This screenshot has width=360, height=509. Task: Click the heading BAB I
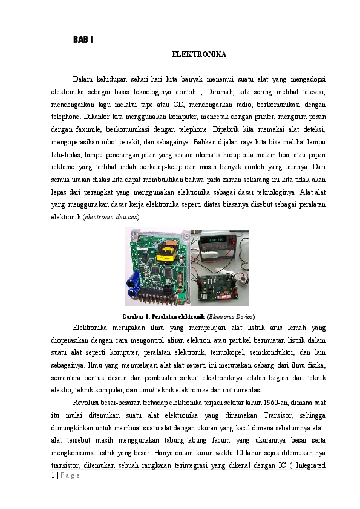click(x=83, y=40)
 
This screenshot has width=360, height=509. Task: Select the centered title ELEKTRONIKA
click(x=199, y=54)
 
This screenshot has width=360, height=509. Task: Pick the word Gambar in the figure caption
click(x=133, y=316)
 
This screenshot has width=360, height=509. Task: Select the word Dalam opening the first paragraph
click(x=83, y=79)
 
